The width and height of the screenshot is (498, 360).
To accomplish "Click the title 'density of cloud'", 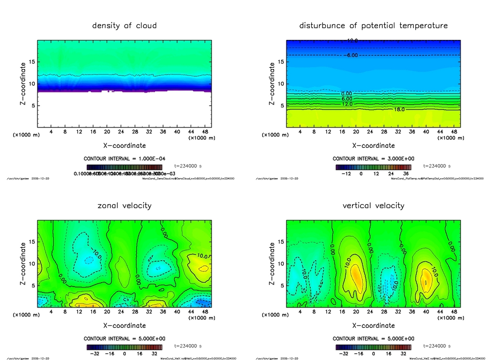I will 124,25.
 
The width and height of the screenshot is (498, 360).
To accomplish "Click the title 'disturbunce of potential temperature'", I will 373,25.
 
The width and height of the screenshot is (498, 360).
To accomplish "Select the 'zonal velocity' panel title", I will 124,205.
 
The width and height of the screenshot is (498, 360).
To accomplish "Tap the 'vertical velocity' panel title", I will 373,205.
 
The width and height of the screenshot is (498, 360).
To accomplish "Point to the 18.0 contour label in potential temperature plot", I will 399,109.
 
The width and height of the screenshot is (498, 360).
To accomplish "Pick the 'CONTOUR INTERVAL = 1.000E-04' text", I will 124,159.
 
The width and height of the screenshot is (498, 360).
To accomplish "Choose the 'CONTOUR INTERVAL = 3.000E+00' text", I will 373,159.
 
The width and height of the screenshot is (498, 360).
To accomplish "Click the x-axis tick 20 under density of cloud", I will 107,132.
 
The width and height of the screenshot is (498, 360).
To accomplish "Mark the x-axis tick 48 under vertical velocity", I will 454,312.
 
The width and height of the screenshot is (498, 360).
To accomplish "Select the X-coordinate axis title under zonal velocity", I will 124,325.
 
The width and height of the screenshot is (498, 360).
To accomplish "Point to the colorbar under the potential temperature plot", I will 373,167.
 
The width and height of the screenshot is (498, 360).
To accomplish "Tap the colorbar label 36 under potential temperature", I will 406,173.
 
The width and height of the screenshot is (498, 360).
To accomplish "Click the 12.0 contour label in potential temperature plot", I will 347,104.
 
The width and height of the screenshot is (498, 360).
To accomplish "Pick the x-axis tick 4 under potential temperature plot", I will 300,132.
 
